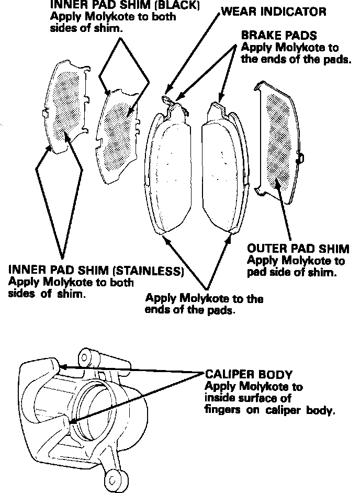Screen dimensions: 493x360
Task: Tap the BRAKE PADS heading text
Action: pyautogui.click(x=279, y=36)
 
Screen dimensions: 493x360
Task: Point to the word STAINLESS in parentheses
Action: pyautogui.click(x=149, y=271)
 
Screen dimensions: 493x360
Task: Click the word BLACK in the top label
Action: pyautogui.click(x=181, y=6)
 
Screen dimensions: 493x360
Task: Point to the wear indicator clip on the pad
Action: pyautogui.click(x=168, y=100)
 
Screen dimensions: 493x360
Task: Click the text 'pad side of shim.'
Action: pyautogui.click(x=291, y=272)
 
